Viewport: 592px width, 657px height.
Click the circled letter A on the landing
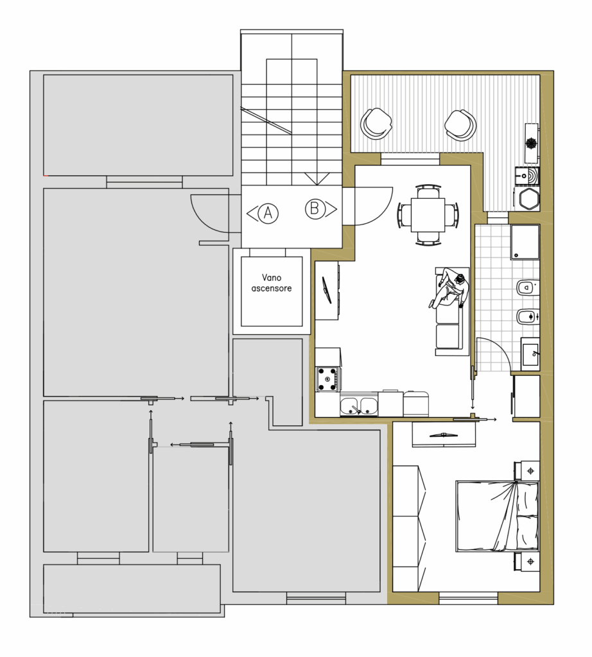point(268,213)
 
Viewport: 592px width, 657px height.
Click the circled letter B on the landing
point(315,209)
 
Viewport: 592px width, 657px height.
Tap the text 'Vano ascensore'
point(271,283)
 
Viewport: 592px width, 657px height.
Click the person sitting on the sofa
point(449,290)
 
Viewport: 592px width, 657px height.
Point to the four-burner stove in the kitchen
point(328,379)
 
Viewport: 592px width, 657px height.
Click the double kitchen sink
point(359,405)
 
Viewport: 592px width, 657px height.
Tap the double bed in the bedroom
point(497,516)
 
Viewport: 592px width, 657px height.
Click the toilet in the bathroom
point(527,288)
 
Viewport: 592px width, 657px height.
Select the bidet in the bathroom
point(527,316)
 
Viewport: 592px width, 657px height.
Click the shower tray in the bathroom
point(525,242)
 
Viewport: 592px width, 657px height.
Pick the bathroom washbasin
point(530,354)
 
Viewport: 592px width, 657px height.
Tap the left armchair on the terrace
point(376,123)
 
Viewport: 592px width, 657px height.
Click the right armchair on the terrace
point(460,125)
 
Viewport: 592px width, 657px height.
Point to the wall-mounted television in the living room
point(327,289)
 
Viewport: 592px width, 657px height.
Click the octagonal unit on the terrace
point(529,199)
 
